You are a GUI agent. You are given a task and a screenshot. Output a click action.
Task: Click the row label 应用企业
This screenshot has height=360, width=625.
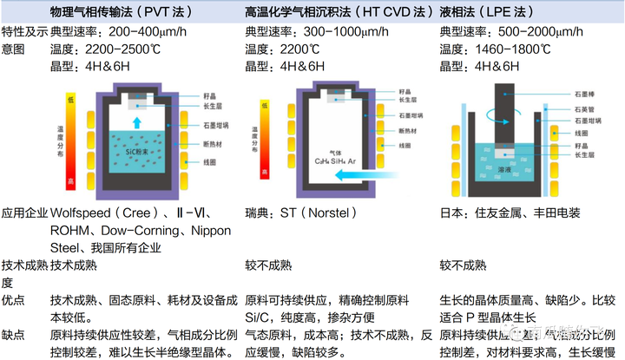[24, 212]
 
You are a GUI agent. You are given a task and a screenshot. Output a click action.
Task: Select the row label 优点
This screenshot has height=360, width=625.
[13, 299]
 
